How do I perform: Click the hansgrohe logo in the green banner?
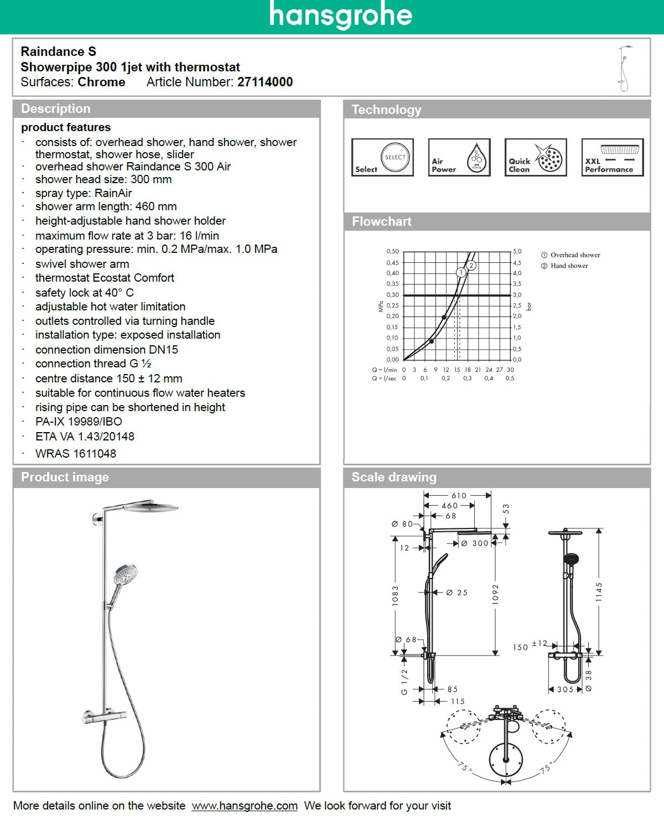pyautogui.click(x=341, y=15)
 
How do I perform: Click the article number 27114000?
pyautogui.click(x=265, y=82)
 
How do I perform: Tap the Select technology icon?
pyautogui.click(x=382, y=158)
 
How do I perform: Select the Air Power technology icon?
pyautogui.click(x=459, y=158)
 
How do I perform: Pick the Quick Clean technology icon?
pyautogui.click(x=536, y=158)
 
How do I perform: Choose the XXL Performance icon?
pyautogui.click(x=612, y=158)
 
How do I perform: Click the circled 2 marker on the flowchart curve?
pyautogui.click(x=471, y=266)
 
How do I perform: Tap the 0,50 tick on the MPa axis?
pyautogui.click(x=392, y=251)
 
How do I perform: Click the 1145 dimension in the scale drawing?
pyautogui.click(x=599, y=592)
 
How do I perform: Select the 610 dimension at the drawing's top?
pyautogui.click(x=459, y=495)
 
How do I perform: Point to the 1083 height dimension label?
pyautogui.click(x=395, y=595)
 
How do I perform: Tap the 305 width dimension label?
pyautogui.click(x=565, y=689)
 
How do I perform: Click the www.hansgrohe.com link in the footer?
pyautogui.click(x=245, y=806)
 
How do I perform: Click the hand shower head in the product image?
pyautogui.click(x=126, y=574)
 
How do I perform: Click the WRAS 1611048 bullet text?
pyautogui.click(x=76, y=454)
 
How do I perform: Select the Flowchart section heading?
pyautogui.click(x=382, y=221)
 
